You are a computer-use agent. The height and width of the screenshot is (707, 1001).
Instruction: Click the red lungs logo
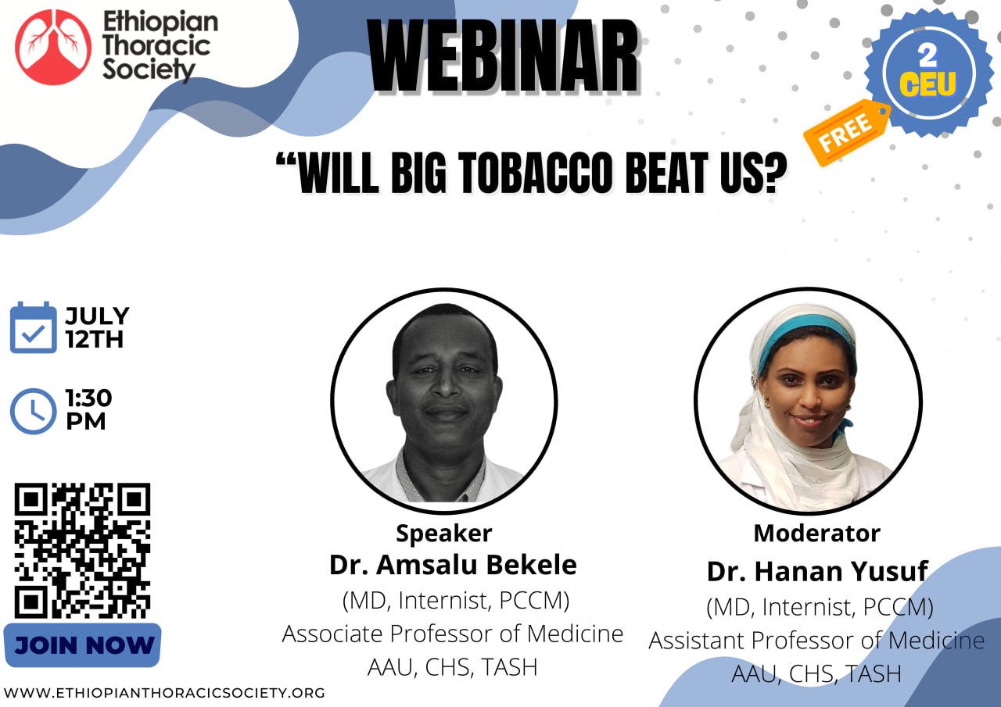(x=53, y=47)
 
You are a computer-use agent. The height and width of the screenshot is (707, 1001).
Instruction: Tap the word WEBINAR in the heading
(x=504, y=57)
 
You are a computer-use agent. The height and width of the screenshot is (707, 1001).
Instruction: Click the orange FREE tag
(x=846, y=132)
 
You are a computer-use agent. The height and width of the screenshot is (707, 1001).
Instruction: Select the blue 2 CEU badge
(x=928, y=73)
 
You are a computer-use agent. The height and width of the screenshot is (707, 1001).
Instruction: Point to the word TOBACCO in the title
(x=534, y=173)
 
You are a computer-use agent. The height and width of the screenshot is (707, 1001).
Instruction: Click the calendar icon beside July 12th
(x=33, y=327)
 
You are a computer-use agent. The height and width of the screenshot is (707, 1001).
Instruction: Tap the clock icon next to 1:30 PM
(x=33, y=411)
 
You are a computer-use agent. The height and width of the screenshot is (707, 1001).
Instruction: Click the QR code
(x=82, y=550)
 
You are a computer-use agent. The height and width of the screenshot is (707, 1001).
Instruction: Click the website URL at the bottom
(x=164, y=693)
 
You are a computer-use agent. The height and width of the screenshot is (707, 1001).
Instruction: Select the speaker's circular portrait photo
(x=443, y=401)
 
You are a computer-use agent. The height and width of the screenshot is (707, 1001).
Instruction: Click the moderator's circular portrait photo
(x=808, y=401)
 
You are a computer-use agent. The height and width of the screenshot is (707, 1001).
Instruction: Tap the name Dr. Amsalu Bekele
(x=453, y=565)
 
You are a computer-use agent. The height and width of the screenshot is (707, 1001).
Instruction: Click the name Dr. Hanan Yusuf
(x=817, y=571)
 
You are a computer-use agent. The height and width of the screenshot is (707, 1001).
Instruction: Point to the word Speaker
(x=444, y=534)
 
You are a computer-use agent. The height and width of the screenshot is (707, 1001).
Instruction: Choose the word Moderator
(x=817, y=533)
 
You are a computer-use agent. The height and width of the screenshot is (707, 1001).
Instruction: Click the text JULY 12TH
(x=97, y=327)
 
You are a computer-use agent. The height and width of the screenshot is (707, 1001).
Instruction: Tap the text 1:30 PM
(x=88, y=409)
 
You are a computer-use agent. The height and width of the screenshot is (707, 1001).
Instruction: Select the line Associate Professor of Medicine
(x=453, y=634)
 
